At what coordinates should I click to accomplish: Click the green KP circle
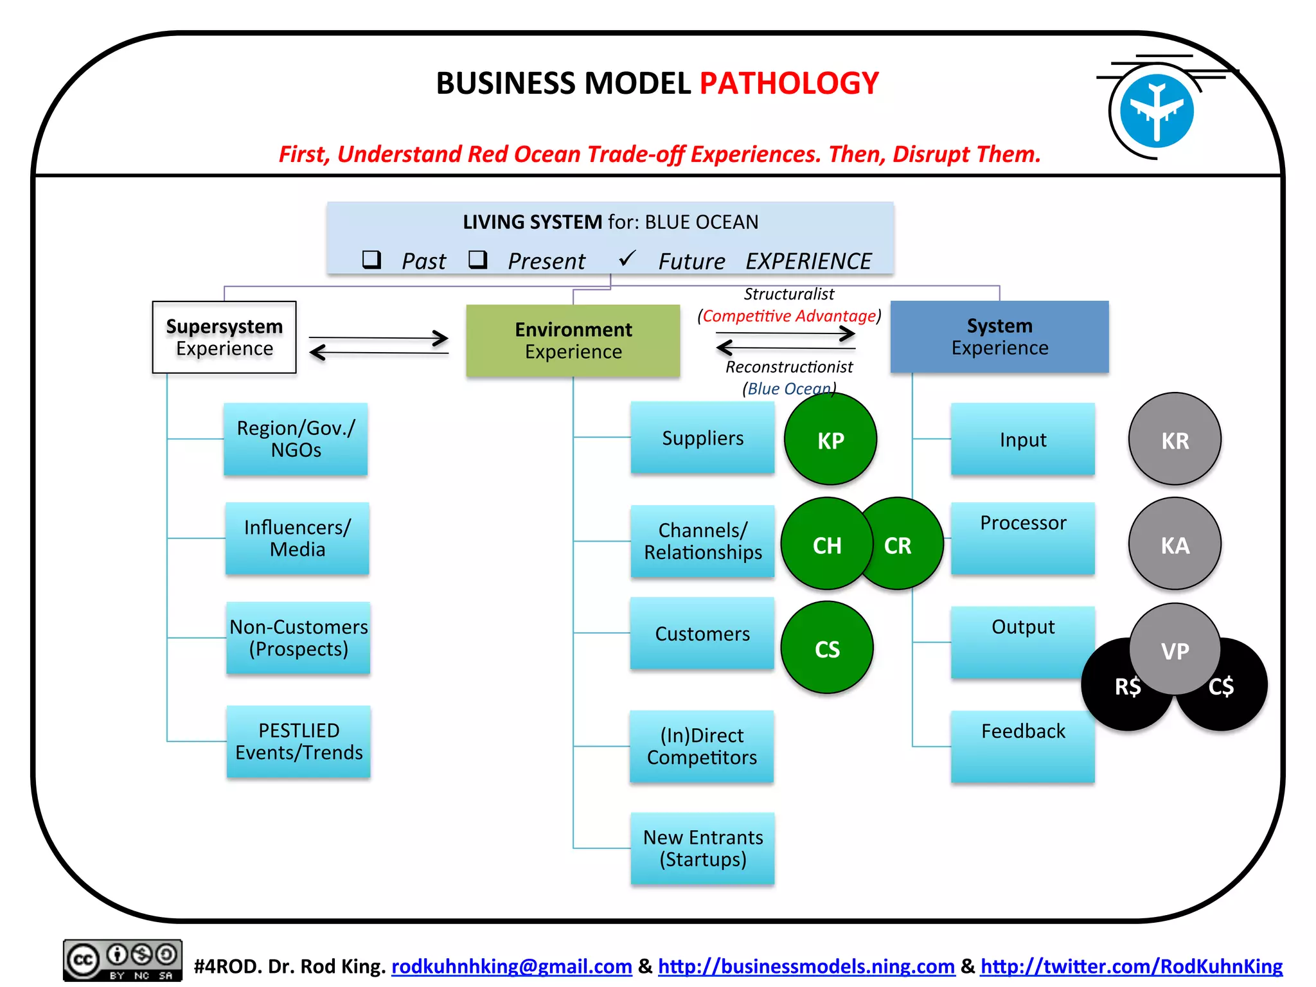tap(830, 439)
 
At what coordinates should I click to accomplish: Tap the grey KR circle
tap(1175, 439)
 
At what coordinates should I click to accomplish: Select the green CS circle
tap(827, 648)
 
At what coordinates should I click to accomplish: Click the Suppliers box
tap(702, 438)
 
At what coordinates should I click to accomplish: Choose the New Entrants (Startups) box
tap(702, 848)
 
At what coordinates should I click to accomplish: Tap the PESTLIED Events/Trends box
tap(299, 742)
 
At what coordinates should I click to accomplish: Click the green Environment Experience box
tap(573, 341)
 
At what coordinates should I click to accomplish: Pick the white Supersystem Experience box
tap(224, 337)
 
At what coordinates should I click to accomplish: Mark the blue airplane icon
tap(1157, 111)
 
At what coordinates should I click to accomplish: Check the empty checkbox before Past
tap(371, 260)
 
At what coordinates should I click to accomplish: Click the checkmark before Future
tap(627, 259)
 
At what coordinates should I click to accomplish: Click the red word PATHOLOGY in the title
tap(788, 84)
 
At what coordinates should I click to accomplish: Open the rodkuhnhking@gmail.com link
tap(511, 966)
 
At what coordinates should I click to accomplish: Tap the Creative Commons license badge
tap(122, 960)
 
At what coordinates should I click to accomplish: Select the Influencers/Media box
tap(297, 538)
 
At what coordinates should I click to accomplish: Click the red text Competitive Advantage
tap(789, 316)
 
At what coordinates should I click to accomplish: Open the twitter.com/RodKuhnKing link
tap(1131, 966)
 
